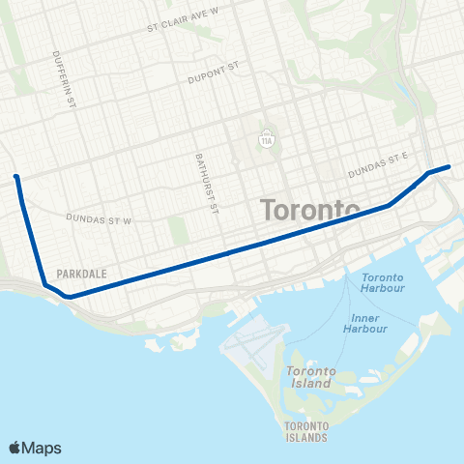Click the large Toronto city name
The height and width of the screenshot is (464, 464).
[310, 210]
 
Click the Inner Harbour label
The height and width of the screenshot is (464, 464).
[365, 323]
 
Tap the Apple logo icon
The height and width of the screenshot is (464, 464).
[16, 448]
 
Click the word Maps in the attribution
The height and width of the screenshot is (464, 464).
[43, 448]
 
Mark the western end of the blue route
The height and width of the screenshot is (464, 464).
[16, 177]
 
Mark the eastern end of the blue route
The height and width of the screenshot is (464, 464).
[449, 166]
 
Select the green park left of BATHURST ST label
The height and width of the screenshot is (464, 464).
[177, 229]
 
